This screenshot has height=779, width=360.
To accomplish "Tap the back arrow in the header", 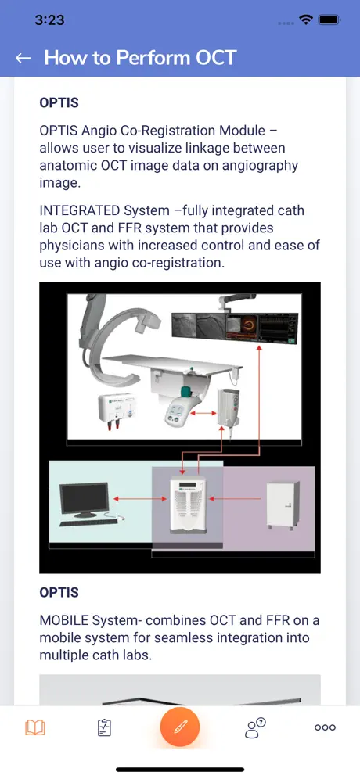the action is pyautogui.click(x=23, y=58).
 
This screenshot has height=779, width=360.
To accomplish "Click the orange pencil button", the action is pyautogui.click(x=179, y=727).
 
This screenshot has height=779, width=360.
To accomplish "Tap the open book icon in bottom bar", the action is pyautogui.click(x=34, y=728).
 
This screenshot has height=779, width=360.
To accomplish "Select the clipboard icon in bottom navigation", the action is pyautogui.click(x=103, y=728).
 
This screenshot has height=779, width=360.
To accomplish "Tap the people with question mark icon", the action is pyautogui.click(x=256, y=728).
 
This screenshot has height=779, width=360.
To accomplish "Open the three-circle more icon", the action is pyautogui.click(x=326, y=728).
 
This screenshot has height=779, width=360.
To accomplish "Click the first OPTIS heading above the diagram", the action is pyautogui.click(x=59, y=102).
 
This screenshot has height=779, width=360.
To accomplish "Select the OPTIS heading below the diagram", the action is pyautogui.click(x=59, y=592).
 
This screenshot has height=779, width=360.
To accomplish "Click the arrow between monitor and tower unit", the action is pyautogui.click(x=140, y=498).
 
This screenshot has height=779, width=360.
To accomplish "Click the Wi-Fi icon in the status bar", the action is pyautogui.click(x=306, y=20).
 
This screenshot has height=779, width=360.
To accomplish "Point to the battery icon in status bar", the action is pyautogui.click(x=329, y=20).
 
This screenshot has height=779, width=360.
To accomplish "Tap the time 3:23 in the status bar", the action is pyautogui.click(x=50, y=20).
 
